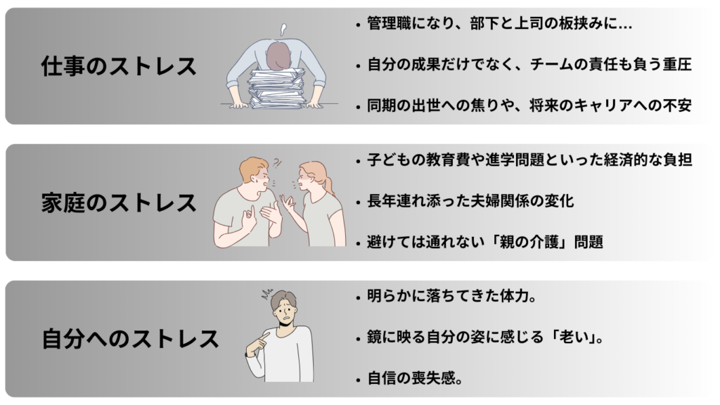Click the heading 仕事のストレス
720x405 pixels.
point(119,66)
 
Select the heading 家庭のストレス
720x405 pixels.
point(119,202)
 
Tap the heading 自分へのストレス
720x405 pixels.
point(130,339)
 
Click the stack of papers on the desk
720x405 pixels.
point(276,88)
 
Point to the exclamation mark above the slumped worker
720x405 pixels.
point(283,30)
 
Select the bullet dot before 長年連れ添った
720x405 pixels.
point(359,202)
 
